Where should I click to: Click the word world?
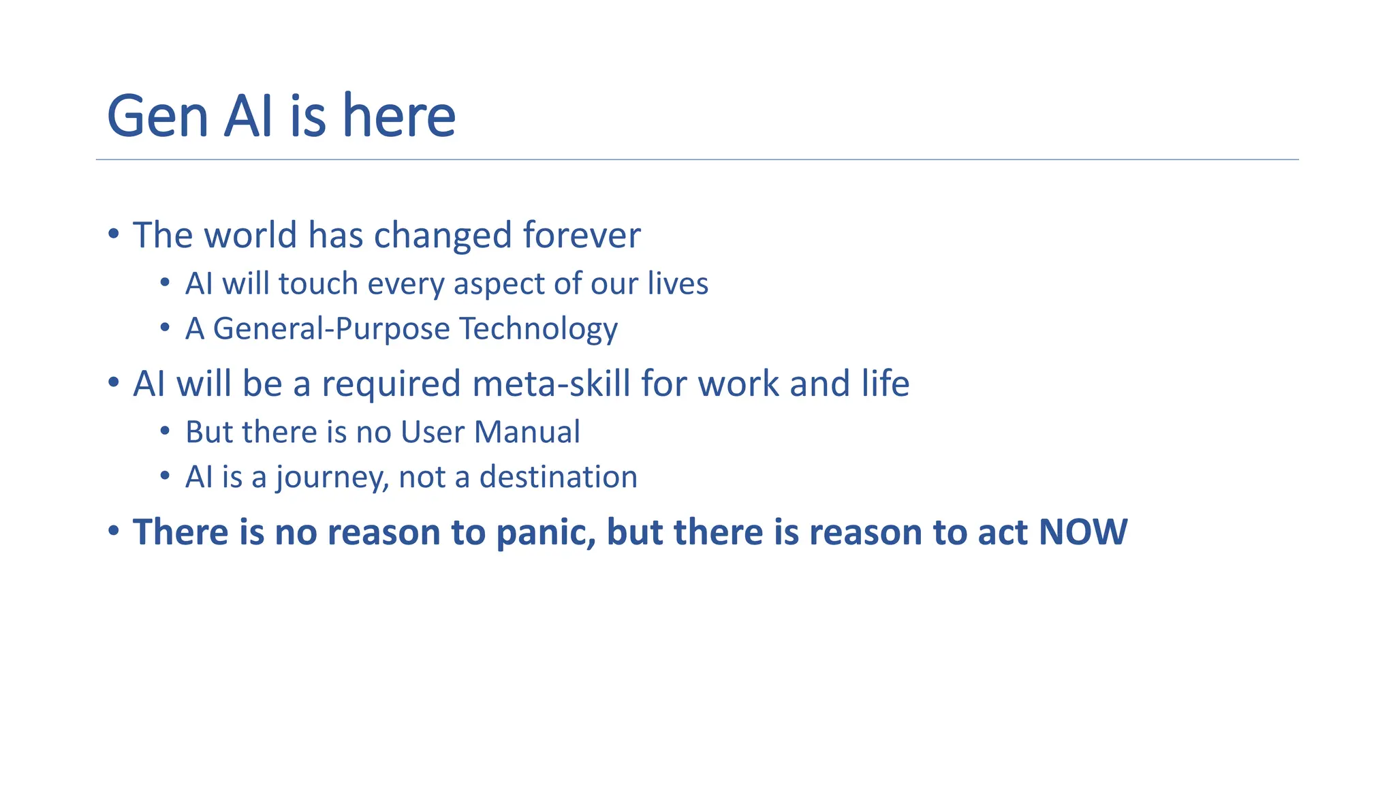click(250, 235)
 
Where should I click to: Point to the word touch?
click(318, 283)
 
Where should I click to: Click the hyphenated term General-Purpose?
click(331, 329)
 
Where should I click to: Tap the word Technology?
click(538, 329)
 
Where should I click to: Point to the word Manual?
click(527, 432)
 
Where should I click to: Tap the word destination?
click(559, 477)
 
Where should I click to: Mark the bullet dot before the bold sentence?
click(114, 530)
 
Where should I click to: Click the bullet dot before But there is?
click(165, 431)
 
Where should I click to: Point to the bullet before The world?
click(114, 234)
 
